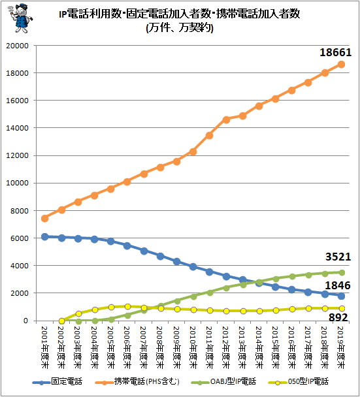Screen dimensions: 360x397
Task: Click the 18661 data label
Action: pyautogui.click(x=335, y=52)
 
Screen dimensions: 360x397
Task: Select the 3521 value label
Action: pyautogui.click(x=338, y=257)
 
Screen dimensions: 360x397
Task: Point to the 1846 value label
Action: pyautogui.click(x=338, y=285)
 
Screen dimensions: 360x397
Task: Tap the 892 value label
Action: pyautogui.click(x=338, y=317)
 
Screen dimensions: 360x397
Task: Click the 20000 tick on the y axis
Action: pyautogui.click(x=17, y=46)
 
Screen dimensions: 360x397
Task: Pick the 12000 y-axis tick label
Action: pyautogui.click(x=17, y=155)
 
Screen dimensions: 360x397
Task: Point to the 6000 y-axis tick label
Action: pyautogui.click(x=20, y=238)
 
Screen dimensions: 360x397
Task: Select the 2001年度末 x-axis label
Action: pyautogui.click(x=44, y=347)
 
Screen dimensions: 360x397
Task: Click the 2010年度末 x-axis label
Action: pyautogui.click(x=193, y=347)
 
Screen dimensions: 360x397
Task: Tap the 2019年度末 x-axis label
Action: pyautogui.click(x=341, y=347)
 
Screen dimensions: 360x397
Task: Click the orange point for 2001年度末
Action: pyautogui.click(x=44, y=218)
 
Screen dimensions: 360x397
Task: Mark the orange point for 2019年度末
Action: pyautogui.click(x=341, y=64)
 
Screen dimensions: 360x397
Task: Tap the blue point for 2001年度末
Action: pyautogui.click(x=44, y=237)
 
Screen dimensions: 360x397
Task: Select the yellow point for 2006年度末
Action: pyautogui.click(x=127, y=307)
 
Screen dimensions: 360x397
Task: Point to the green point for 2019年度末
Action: pyautogui.click(x=342, y=272)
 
